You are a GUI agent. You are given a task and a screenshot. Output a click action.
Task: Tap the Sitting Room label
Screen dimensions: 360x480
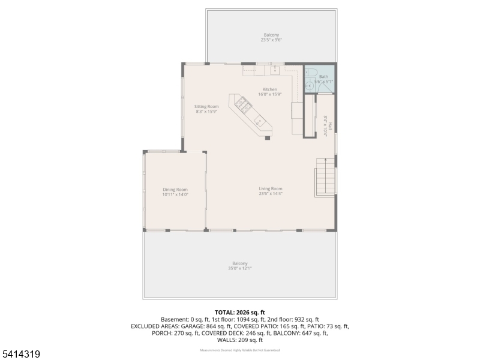206,107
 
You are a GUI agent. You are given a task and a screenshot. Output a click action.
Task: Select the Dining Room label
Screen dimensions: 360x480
175,190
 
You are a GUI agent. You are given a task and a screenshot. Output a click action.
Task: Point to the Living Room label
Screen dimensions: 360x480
271,188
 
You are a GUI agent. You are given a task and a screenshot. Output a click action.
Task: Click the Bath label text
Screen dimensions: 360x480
323,76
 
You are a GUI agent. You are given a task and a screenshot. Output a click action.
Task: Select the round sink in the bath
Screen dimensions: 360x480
309,86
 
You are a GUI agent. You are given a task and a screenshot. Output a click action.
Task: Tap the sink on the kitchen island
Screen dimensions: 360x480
259,121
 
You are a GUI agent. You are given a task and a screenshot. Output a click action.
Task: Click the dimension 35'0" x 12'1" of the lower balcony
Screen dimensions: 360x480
240,268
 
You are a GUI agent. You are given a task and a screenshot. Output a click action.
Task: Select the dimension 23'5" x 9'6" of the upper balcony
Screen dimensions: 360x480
271,40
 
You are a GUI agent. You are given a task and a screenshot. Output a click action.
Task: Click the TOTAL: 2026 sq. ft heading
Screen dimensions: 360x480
240,313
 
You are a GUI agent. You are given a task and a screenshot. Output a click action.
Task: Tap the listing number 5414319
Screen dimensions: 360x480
21,355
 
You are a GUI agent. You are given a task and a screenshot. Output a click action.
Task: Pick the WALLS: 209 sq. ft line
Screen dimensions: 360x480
240,340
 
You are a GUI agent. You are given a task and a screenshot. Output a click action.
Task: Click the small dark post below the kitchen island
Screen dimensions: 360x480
268,137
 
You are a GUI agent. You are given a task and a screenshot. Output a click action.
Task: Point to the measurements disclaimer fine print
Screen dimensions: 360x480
240,350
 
